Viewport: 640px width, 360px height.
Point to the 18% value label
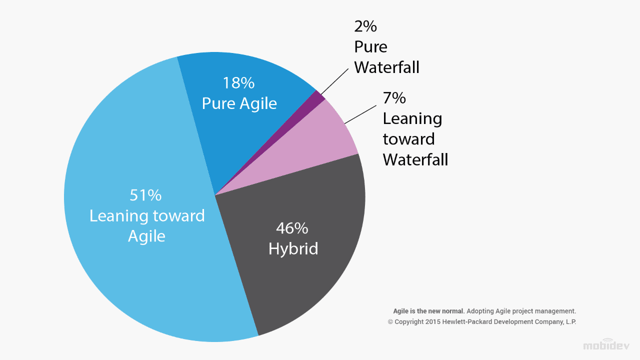coord(239,82)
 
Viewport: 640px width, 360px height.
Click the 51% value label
coord(145,195)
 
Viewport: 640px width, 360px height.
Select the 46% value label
coord(292,228)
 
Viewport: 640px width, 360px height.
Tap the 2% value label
coord(365,26)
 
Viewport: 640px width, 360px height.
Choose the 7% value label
coord(394,98)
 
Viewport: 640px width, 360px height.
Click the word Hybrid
coord(293,248)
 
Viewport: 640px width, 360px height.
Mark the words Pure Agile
coord(239,103)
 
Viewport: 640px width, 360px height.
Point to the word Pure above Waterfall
coord(370,46)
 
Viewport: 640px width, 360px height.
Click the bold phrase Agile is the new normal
coord(429,311)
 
